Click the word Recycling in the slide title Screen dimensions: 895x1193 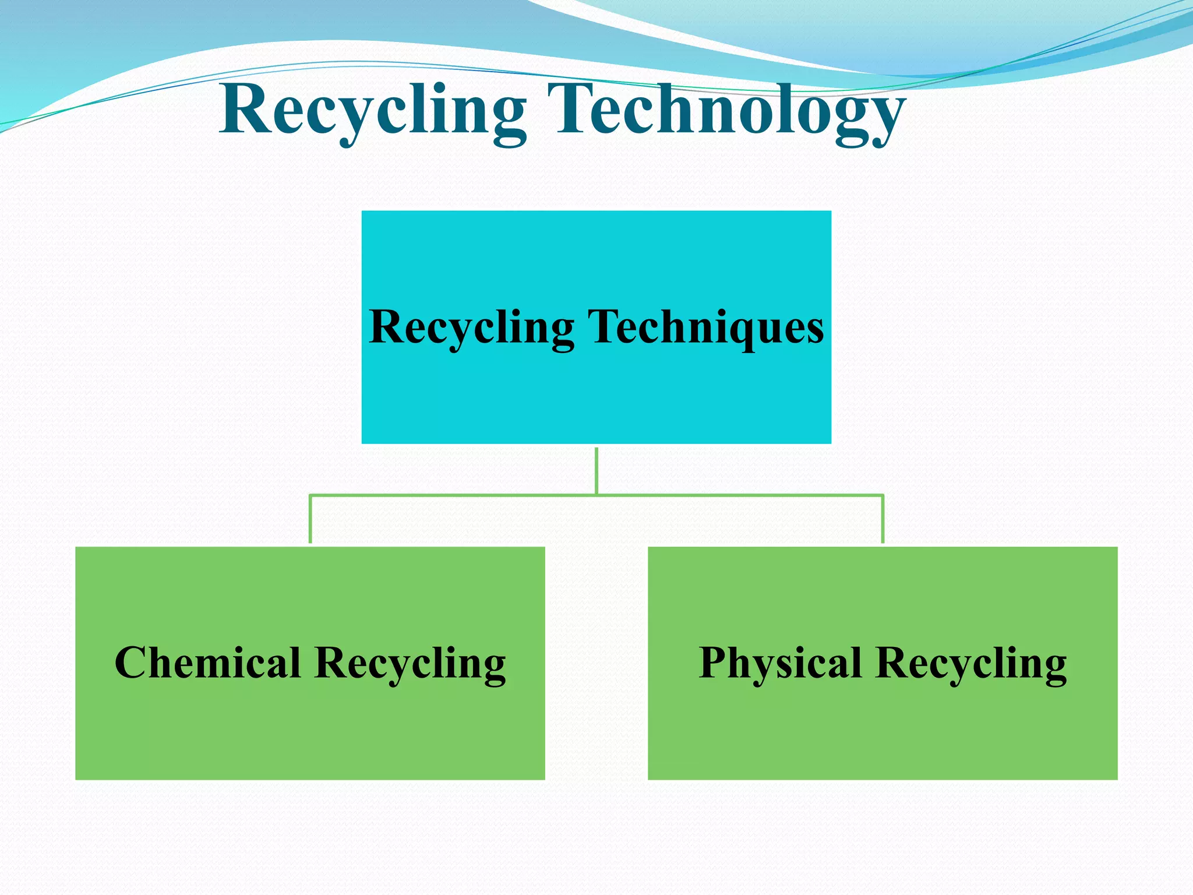373,111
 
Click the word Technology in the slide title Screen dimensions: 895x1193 730,111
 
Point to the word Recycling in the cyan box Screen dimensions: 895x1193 472,327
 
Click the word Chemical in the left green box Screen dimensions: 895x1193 208,663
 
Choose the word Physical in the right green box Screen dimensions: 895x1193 781,663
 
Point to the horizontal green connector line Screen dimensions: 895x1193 454,495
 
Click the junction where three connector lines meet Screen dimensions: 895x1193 596,495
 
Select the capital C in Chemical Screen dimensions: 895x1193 130,663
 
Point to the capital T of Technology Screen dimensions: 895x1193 577,110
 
